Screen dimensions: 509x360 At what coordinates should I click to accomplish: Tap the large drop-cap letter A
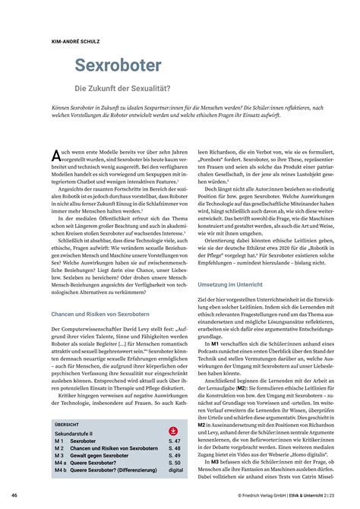56,156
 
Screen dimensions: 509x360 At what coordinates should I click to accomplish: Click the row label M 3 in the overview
59,455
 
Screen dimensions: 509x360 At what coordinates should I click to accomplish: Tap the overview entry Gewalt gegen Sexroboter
102,455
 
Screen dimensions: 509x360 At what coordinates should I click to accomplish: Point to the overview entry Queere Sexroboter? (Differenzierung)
113,469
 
